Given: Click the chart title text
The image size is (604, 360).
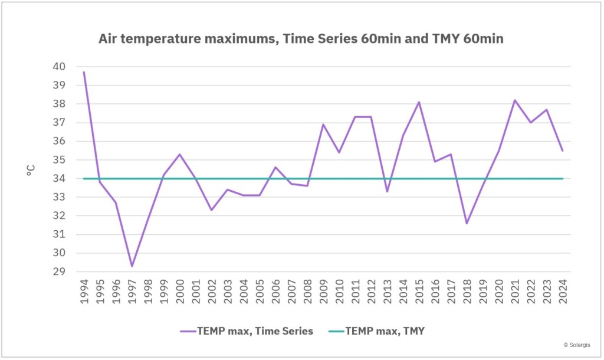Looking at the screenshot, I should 301,39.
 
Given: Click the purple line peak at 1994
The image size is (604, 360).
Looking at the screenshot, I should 84,72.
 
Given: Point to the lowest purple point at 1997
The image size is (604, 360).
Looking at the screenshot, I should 132,266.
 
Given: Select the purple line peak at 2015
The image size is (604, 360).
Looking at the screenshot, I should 419,102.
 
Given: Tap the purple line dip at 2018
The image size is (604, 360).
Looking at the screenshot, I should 467,223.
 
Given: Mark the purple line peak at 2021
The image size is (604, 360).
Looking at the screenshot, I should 514,100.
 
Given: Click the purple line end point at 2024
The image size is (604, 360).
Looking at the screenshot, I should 562,150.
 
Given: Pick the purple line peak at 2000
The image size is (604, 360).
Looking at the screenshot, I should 179,155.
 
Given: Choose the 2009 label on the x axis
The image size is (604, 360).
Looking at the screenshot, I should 323,290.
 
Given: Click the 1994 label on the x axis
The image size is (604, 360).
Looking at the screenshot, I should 84,290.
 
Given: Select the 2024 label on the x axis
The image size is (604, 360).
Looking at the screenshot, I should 562,290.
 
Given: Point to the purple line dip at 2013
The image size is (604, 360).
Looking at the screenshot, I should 387,192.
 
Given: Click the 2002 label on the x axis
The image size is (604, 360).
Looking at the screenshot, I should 212,290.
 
